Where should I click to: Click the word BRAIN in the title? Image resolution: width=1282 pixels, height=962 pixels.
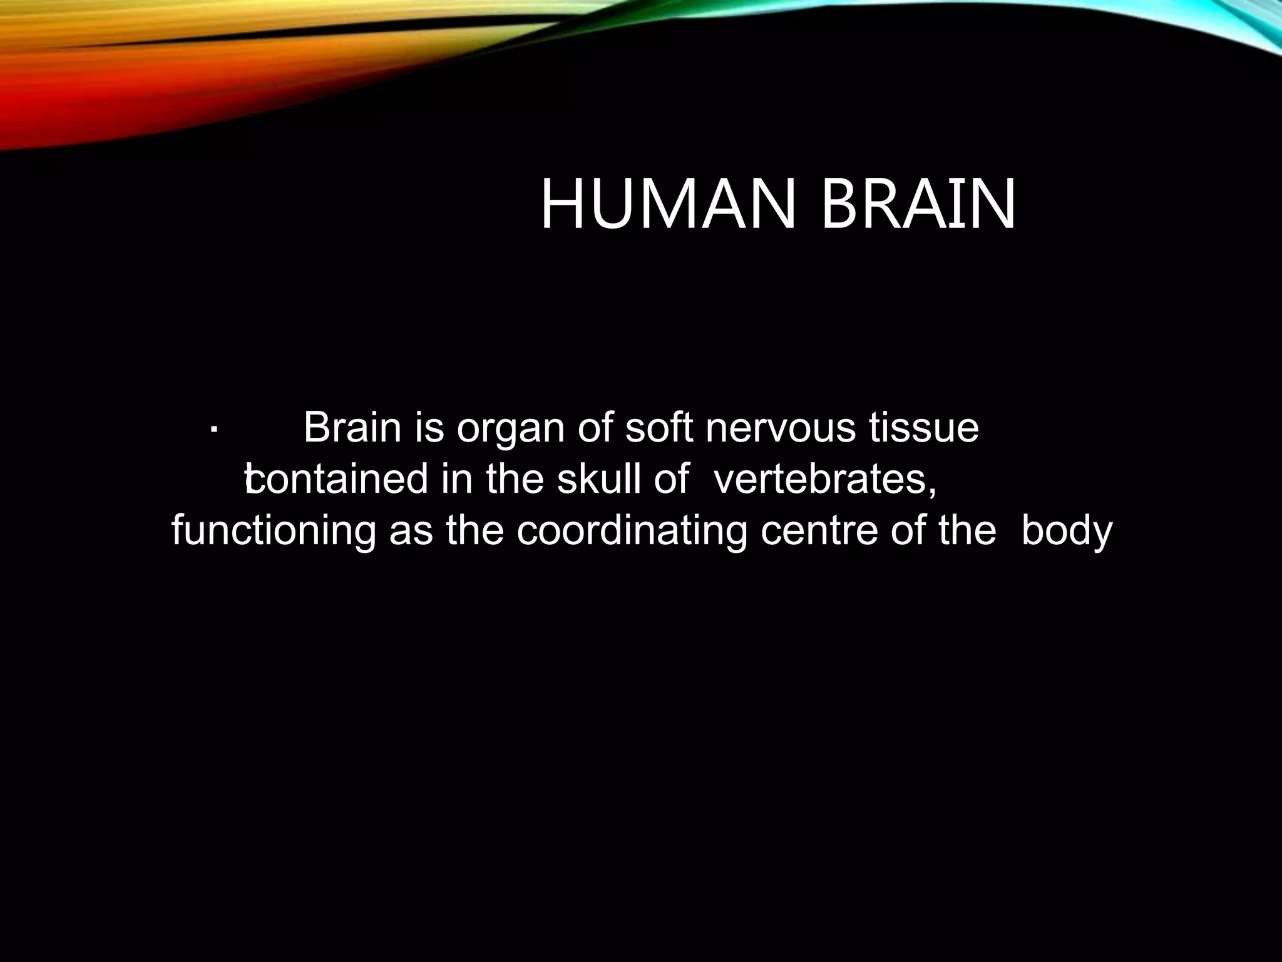click(x=918, y=205)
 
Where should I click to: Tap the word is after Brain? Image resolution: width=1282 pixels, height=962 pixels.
click(x=429, y=428)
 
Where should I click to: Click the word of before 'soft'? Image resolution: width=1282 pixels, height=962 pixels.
click(x=594, y=428)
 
